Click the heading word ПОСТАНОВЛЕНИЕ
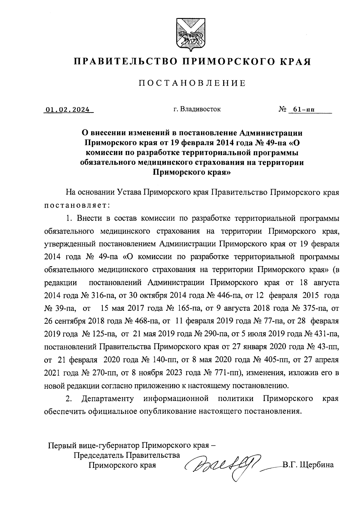point(192,83)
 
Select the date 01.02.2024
point(68,110)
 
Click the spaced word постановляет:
point(77,206)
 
